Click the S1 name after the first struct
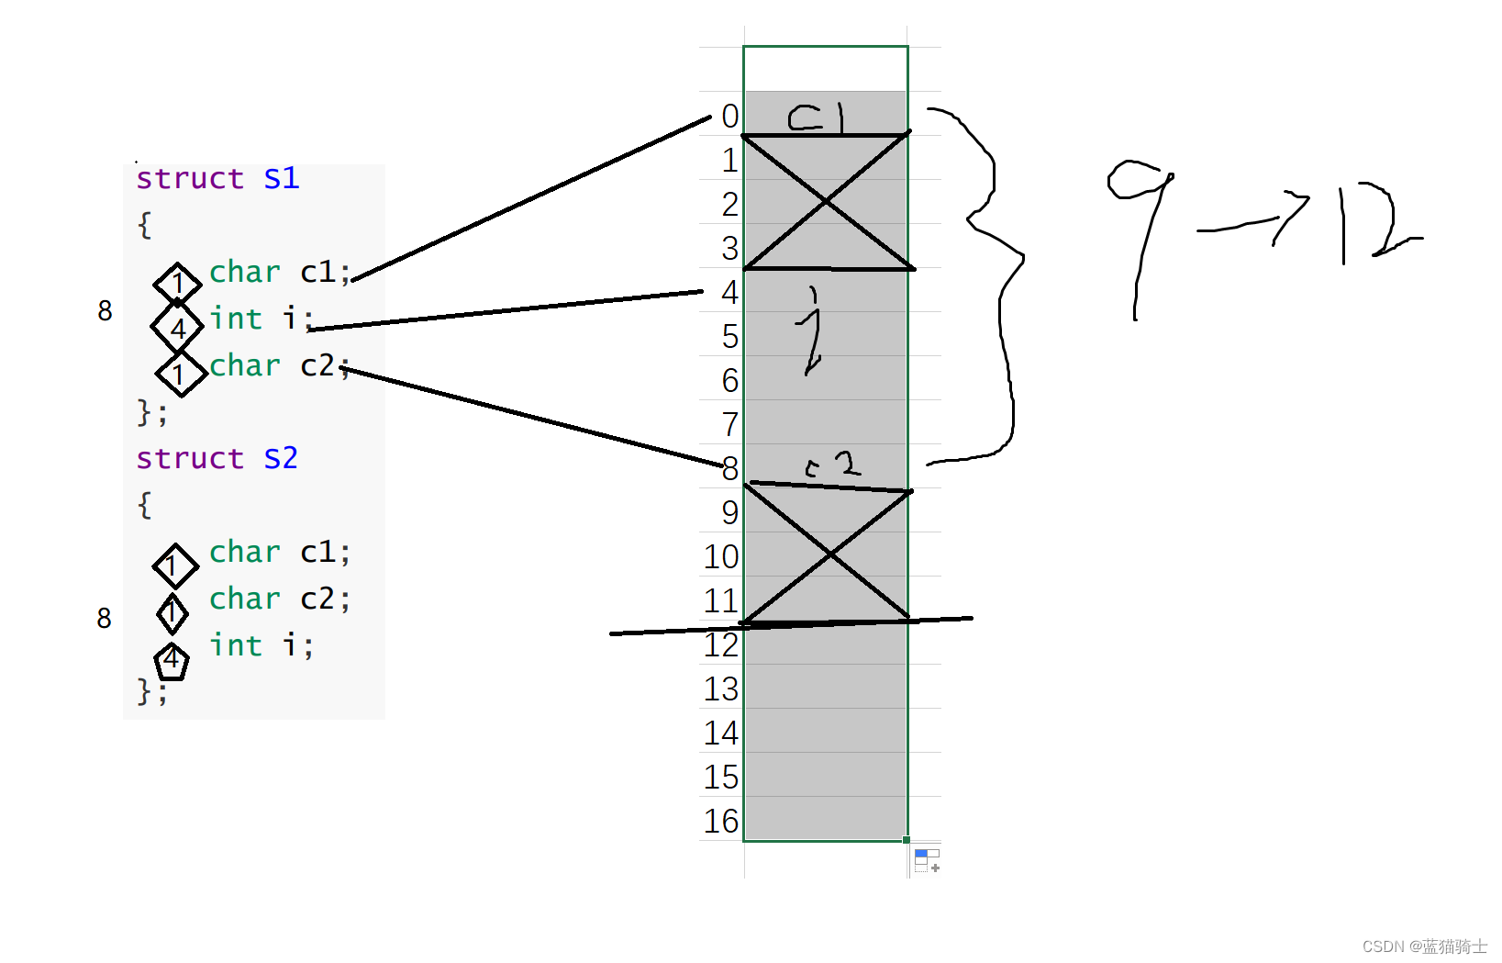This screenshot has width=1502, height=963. [281, 178]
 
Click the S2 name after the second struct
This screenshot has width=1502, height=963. [281, 458]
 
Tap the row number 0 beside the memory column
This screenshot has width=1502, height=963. [729, 117]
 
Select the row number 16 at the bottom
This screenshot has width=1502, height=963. [721, 821]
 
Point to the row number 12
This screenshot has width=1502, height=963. [721, 645]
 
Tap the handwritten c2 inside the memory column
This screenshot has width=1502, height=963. [833, 465]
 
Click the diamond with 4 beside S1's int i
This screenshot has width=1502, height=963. [177, 328]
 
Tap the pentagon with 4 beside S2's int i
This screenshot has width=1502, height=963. [172, 660]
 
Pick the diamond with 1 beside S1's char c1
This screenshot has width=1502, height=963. [177, 284]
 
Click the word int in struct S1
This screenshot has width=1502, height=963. [236, 319]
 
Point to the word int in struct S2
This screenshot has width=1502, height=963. [236, 645]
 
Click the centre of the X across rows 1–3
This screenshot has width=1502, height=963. [827, 201]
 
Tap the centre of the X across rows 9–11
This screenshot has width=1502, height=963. [829, 554]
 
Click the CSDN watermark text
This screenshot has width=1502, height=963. [1424, 946]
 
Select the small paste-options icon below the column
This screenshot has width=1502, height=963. [927, 860]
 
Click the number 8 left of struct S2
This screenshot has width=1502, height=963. [105, 618]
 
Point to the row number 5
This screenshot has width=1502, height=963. [729, 337]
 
